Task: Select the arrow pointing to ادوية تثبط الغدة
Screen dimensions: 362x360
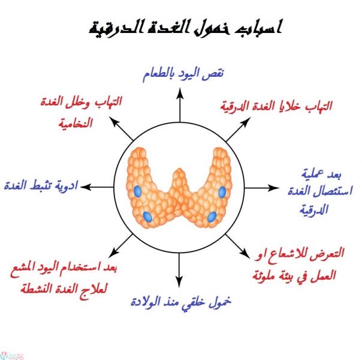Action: coord(96,187)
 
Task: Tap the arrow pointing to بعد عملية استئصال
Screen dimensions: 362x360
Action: coord(261,187)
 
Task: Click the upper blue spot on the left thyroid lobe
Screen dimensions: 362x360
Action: coord(137,191)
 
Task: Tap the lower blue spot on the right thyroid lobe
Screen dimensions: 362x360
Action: coord(212,217)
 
